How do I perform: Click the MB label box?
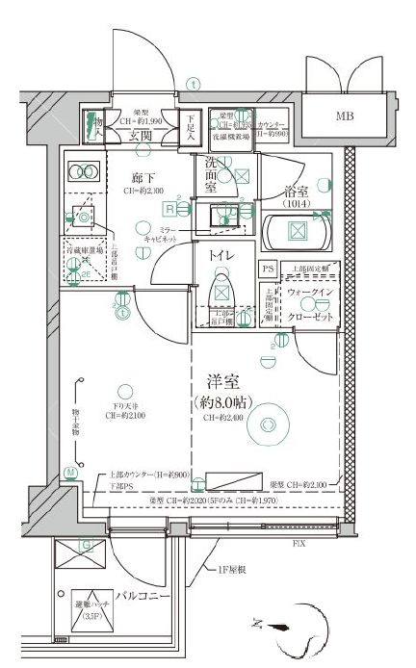tap(345, 118)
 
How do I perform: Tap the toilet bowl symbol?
tap(222, 288)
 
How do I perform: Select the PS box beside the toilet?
tap(267, 270)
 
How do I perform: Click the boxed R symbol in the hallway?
tap(169, 208)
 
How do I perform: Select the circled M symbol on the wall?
tap(70, 472)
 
